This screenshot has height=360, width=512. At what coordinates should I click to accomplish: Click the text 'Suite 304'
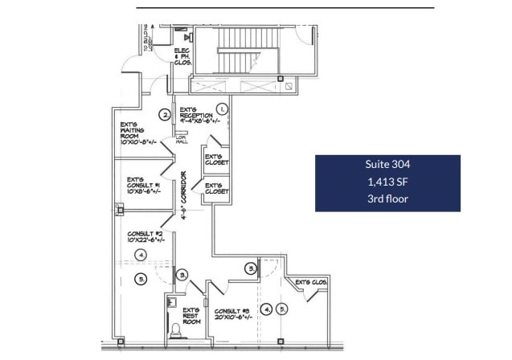point(387,165)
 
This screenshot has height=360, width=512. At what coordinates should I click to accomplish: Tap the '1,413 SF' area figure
point(387,182)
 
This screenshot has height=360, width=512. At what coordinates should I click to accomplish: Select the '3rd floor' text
point(387,198)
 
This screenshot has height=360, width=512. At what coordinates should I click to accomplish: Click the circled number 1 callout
point(223,108)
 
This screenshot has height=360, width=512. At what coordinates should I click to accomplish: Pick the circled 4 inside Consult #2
point(141,255)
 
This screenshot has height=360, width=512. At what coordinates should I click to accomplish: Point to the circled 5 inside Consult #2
point(141,279)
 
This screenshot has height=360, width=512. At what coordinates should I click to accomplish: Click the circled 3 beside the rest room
point(182,275)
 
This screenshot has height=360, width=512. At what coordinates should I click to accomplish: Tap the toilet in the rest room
point(176,329)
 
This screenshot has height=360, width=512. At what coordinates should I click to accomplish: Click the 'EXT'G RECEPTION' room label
point(196,117)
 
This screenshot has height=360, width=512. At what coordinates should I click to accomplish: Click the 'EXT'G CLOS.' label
point(312,283)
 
